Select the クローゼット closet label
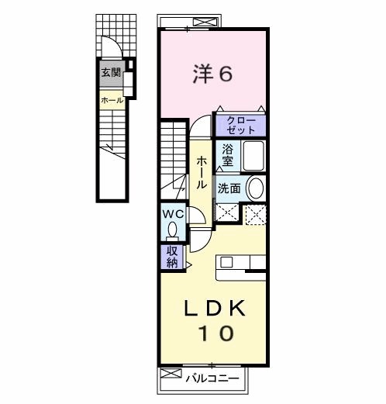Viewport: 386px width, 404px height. pyautogui.click(x=241, y=125)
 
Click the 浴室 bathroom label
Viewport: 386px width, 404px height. pyautogui.click(x=227, y=155)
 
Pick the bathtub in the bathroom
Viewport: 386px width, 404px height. pyautogui.click(x=253, y=156)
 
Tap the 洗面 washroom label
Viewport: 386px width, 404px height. pyautogui.click(x=229, y=188)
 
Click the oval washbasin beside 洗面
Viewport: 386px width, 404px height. pyautogui.click(x=255, y=188)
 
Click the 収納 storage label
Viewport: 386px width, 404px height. pyautogui.click(x=171, y=257)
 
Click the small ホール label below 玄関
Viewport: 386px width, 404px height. pyautogui.click(x=111, y=99)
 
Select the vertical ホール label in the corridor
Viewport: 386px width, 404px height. pyautogui.click(x=201, y=173)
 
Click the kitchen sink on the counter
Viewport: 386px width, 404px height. pyautogui.click(x=233, y=263)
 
